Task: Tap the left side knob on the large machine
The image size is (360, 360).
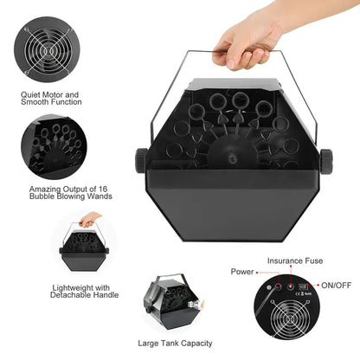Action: (x=140, y=159)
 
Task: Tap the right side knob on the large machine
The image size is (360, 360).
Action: (x=325, y=159)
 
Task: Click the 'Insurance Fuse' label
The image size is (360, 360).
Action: (x=296, y=260)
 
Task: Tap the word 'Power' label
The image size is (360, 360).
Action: (x=241, y=272)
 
